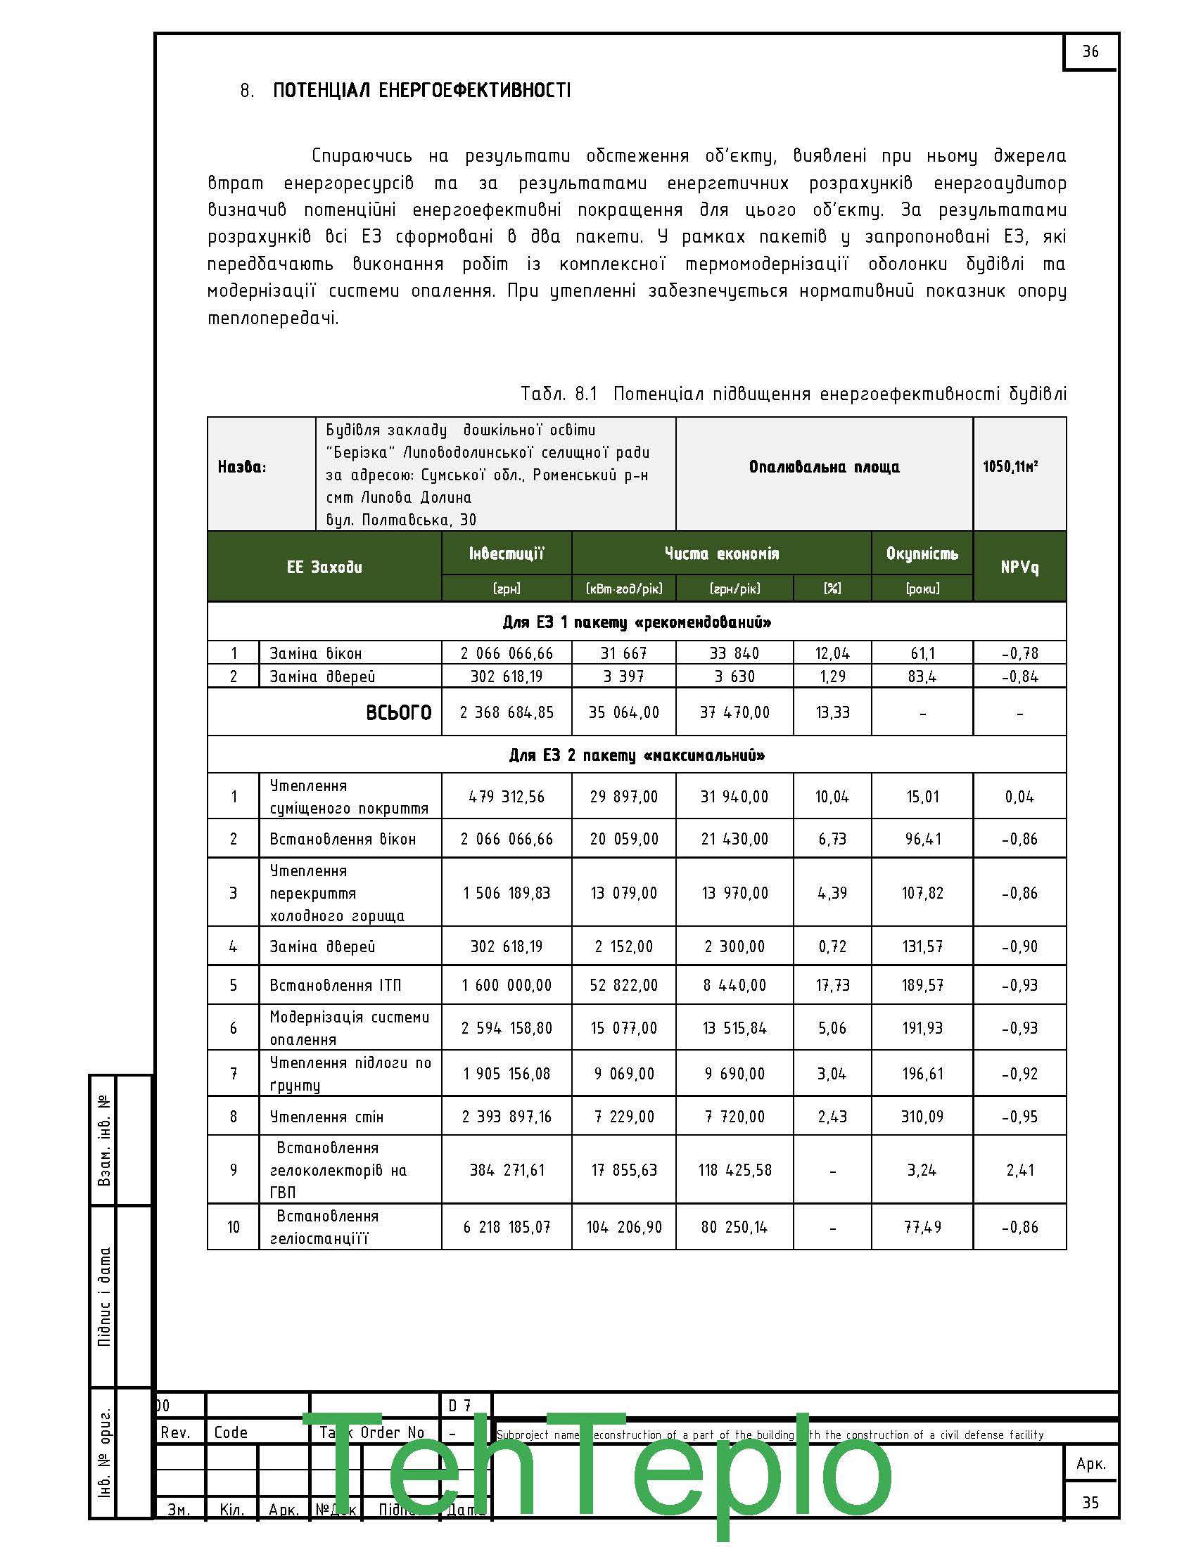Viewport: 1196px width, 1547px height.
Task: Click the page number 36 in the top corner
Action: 1090,52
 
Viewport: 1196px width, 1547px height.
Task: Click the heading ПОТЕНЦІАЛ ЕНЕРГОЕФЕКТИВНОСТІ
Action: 421,91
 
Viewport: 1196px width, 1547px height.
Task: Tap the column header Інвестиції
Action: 506,553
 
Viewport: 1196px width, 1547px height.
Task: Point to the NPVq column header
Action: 1019,567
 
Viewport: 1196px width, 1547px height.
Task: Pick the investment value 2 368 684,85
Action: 506,712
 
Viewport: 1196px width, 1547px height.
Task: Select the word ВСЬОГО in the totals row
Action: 398,712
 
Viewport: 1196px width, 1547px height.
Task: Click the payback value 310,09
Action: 922,1117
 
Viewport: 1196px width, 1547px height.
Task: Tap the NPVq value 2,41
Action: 1019,1170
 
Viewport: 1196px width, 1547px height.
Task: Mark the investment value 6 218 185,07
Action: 506,1227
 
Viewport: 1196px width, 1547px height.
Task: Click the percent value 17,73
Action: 832,985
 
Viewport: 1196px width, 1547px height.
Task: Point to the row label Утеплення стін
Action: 326,1117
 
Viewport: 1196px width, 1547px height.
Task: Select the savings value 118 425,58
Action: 734,1170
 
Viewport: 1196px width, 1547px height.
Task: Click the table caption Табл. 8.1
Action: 559,394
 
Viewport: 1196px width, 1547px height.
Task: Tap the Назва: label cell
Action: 241,467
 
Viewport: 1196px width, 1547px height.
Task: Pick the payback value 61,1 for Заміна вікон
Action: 922,653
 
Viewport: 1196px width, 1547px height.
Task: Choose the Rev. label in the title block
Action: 175,1433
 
